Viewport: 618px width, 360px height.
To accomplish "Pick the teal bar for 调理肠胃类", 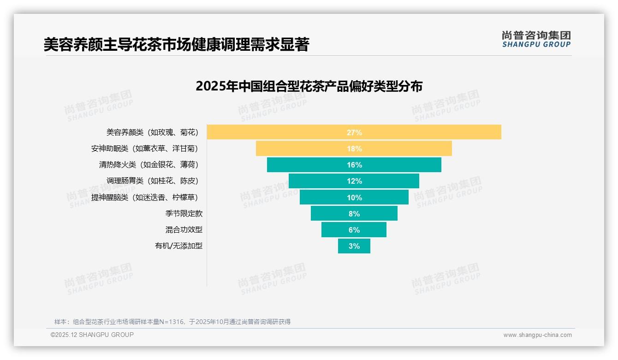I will click(323, 181).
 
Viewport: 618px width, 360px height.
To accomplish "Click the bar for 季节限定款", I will click(332, 213).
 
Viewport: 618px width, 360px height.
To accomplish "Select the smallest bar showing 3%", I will click(354, 246).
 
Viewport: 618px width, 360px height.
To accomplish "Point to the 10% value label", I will click(354, 198).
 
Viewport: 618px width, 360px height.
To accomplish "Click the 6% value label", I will click(354, 230).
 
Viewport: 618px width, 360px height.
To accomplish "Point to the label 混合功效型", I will click(184, 230).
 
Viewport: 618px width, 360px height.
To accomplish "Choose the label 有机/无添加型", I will click(178, 246).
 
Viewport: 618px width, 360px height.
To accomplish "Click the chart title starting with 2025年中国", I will click(309, 86).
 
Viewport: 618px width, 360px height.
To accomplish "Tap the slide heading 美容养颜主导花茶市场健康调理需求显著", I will click(176, 44).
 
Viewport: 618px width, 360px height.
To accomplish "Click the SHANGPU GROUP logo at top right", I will click(536, 39).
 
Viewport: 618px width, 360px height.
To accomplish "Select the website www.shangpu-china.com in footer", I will click(537, 335).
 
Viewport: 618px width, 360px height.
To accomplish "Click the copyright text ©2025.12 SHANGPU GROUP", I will click(92, 335).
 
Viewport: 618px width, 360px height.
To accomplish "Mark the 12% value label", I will click(354, 181).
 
